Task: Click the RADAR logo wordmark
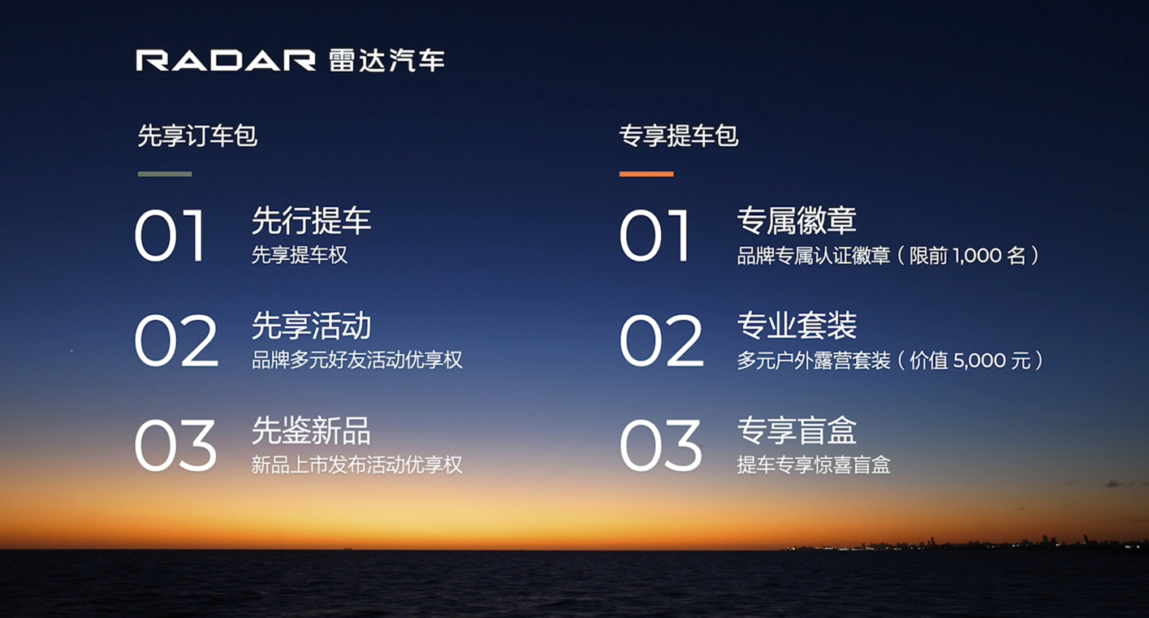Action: [x=226, y=61]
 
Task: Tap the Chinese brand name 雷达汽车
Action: [x=387, y=61]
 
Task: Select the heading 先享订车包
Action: [x=197, y=136]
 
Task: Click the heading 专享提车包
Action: [x=679, y=136]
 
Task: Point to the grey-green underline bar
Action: [x=165, y=174]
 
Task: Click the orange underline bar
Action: [x=646, y=174]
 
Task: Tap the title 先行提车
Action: [x=311, y=221]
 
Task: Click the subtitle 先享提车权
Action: [x=300, y=255]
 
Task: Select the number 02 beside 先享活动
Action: [x=176, y=341]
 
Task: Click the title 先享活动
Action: [x=311, y=326]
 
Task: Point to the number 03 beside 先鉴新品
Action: [x=175, y=446]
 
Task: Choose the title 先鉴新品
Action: [x=311, y=430]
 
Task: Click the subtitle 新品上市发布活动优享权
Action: [x=357, y=465]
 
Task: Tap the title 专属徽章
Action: [x=797, y=221]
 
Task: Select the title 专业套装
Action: [x=797, y=326]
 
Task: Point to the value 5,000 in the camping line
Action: [x=978, y=361]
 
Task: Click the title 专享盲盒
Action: [x=797, y=430]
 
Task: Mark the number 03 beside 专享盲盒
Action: [x=661, y=446]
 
